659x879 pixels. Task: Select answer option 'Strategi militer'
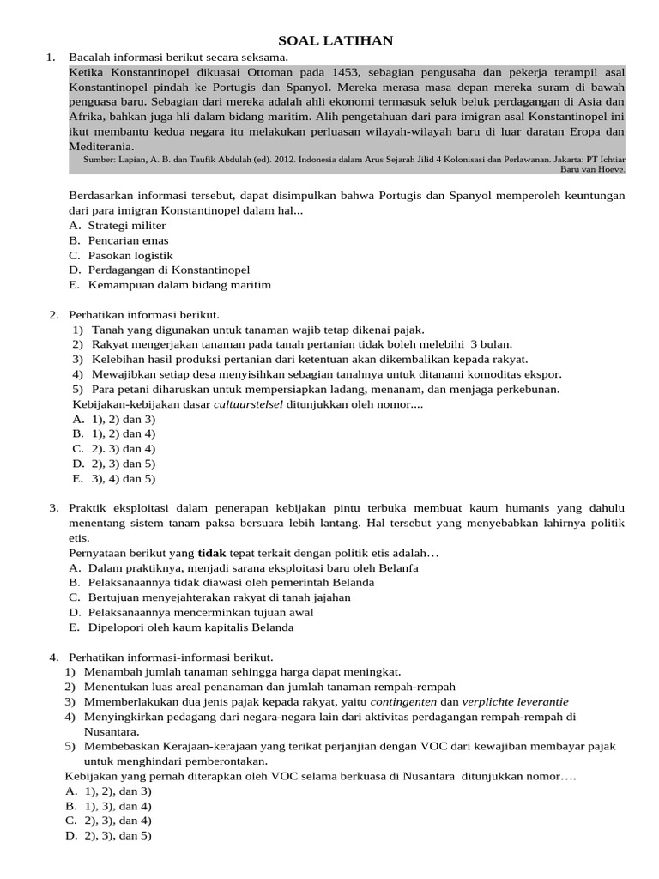click(x=127, y=225)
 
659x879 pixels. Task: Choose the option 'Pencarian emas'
click(x=129, y=240)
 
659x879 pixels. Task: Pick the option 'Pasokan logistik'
click(x=130, y=255)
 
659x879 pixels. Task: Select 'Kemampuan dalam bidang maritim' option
click(x=179, y=284)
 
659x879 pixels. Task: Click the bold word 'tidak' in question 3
click(x=211, y=553)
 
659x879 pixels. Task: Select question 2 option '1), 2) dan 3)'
click(x=121, y=419)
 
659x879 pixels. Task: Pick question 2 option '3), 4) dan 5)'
click(x=121, y=478)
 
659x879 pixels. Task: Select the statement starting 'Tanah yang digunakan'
click(x=257, y=330)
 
